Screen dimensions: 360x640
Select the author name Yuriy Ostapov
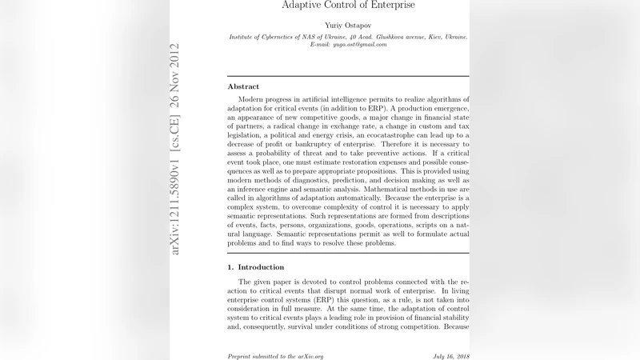tap(348, 25)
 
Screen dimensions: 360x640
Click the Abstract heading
tap(243, 86)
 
